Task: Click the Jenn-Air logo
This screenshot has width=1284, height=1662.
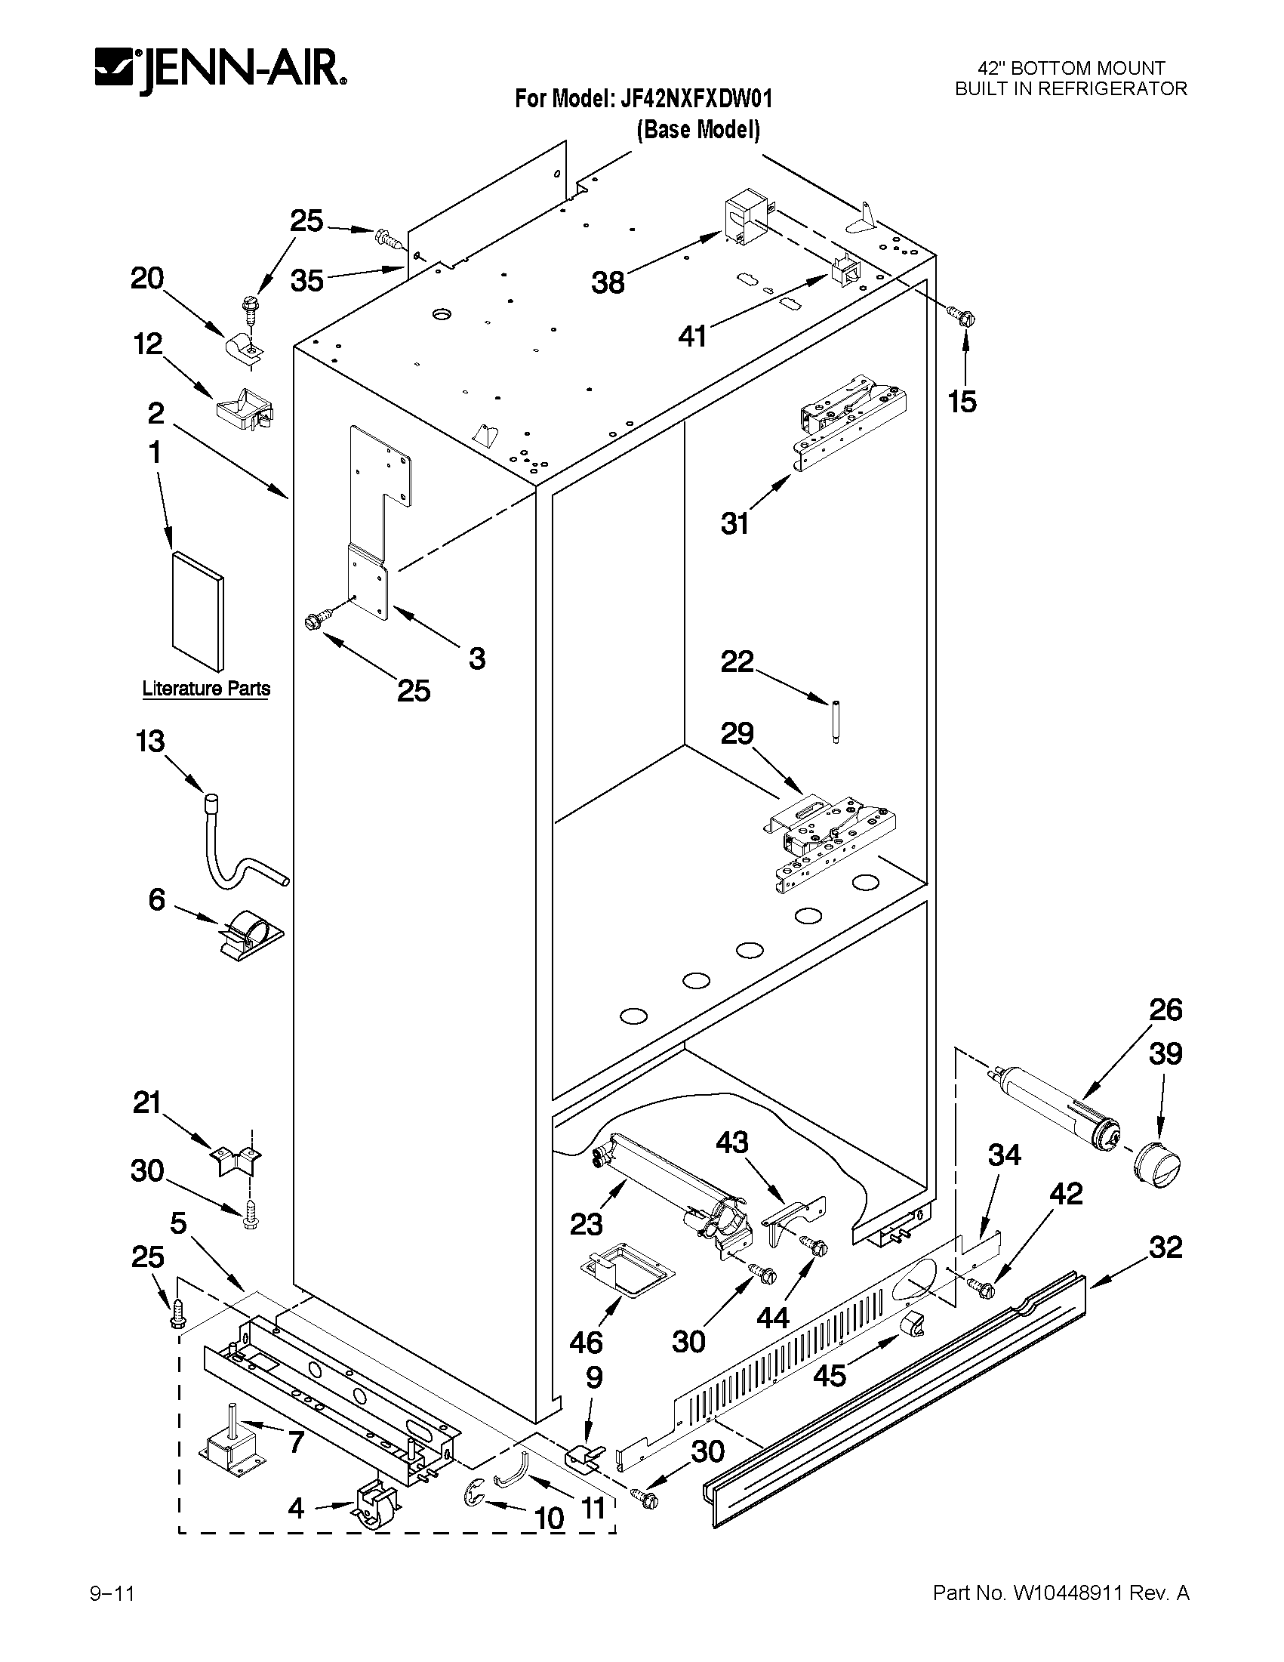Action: (x=220, y=69)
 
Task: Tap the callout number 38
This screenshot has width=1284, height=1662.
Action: (x=608, y=283)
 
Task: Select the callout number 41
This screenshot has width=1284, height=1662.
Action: (x=692, y=335)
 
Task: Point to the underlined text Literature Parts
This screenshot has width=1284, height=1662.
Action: (x=206, y=689)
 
